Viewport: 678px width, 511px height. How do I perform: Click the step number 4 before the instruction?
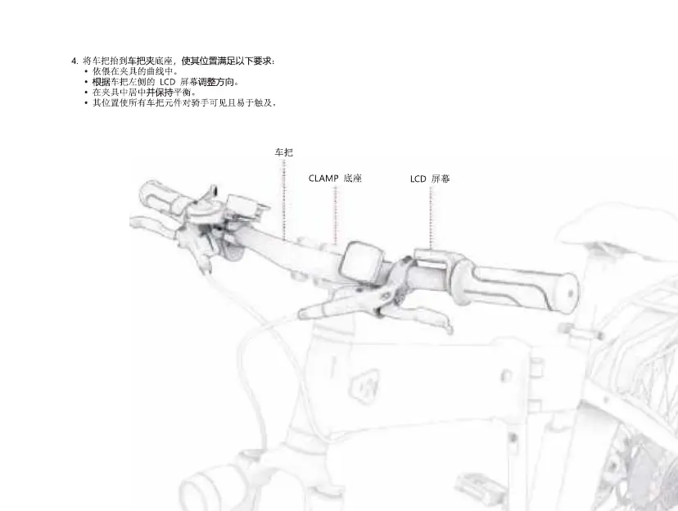[74, 61]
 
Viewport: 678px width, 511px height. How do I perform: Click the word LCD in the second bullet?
[167, 82]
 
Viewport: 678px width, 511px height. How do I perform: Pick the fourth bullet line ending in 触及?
[183, 103]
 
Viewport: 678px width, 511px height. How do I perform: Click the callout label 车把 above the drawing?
[283, 152]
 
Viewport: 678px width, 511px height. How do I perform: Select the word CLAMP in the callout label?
[323, 178]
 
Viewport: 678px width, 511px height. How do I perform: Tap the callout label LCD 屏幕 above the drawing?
[430, 178]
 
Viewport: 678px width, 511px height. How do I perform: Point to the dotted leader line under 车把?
[283, 197]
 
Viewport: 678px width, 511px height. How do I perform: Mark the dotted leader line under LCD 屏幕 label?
[430, 217]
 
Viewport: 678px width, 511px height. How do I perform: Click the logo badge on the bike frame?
[362, 383]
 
